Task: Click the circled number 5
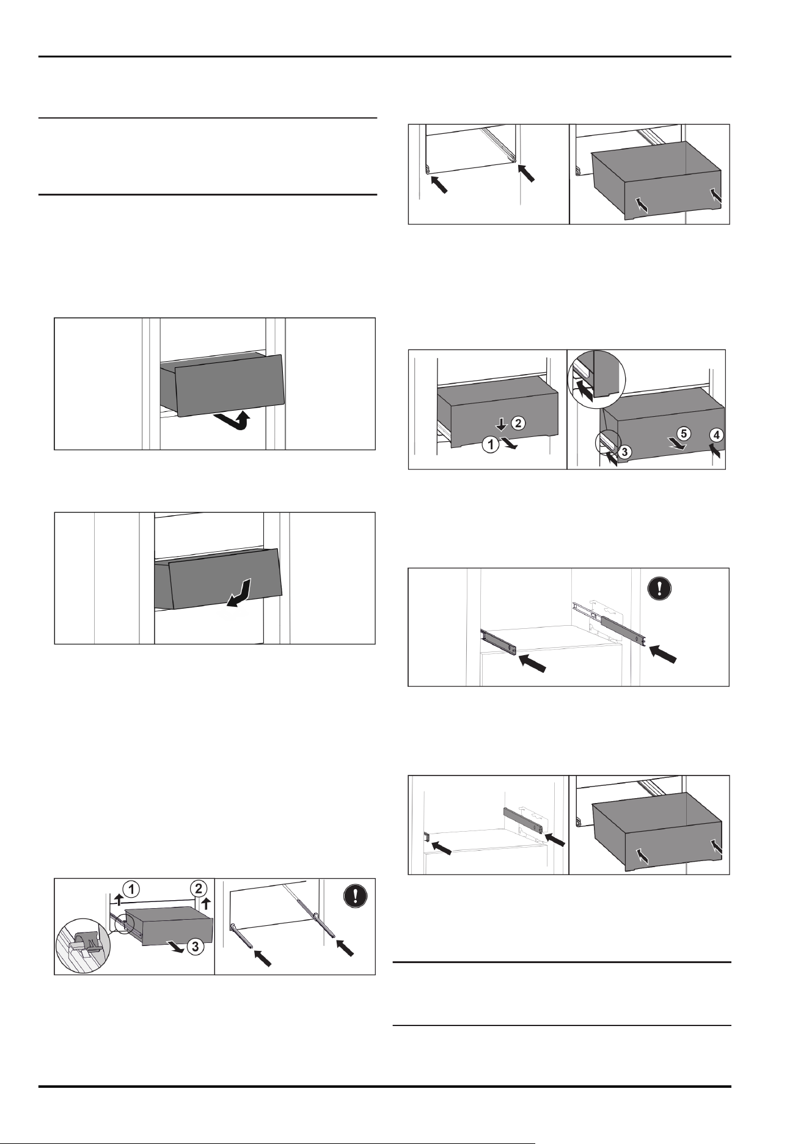[x=684, y=434]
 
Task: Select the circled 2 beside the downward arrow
[x=517, y=422]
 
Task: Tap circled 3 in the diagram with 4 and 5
[x=624, y=451]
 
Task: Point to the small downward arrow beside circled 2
[x=500, y=424]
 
